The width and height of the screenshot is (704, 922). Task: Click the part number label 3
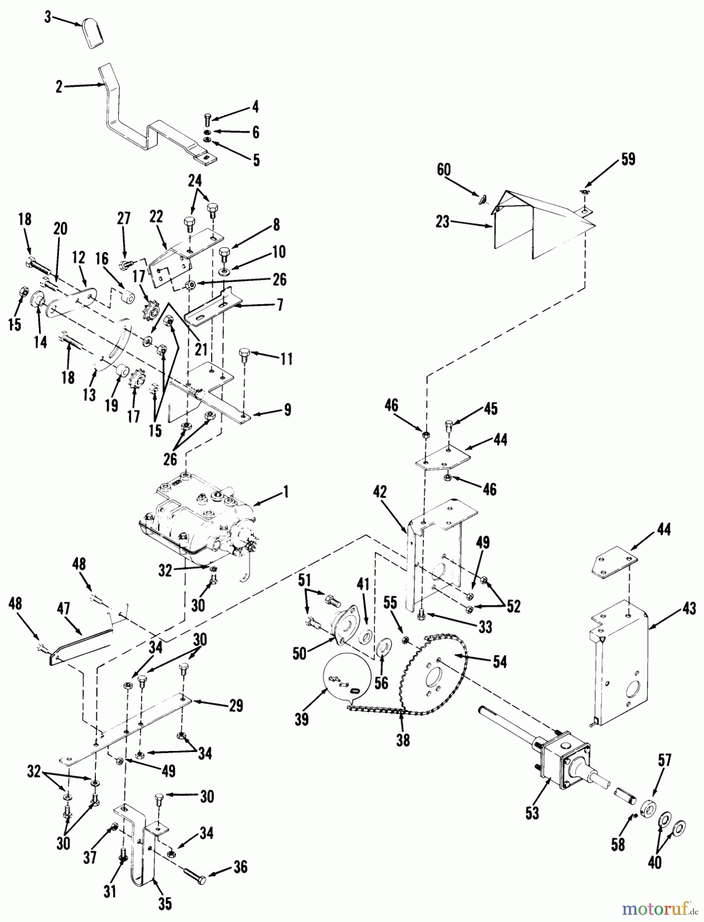coord(48,18)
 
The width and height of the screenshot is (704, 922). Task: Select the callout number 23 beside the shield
coord(442,222)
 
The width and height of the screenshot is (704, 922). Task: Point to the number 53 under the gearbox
coord(532,813)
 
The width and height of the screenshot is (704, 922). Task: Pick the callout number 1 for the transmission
coord(285,492)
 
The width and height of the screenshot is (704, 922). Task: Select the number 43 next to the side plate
coord(689,609)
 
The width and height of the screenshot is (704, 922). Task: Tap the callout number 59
coord(627,159)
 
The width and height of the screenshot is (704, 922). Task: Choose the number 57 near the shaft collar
coord(664,760)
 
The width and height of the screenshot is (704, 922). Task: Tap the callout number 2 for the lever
coord(59,87)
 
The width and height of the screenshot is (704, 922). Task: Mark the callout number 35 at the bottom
coord(164,904)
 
